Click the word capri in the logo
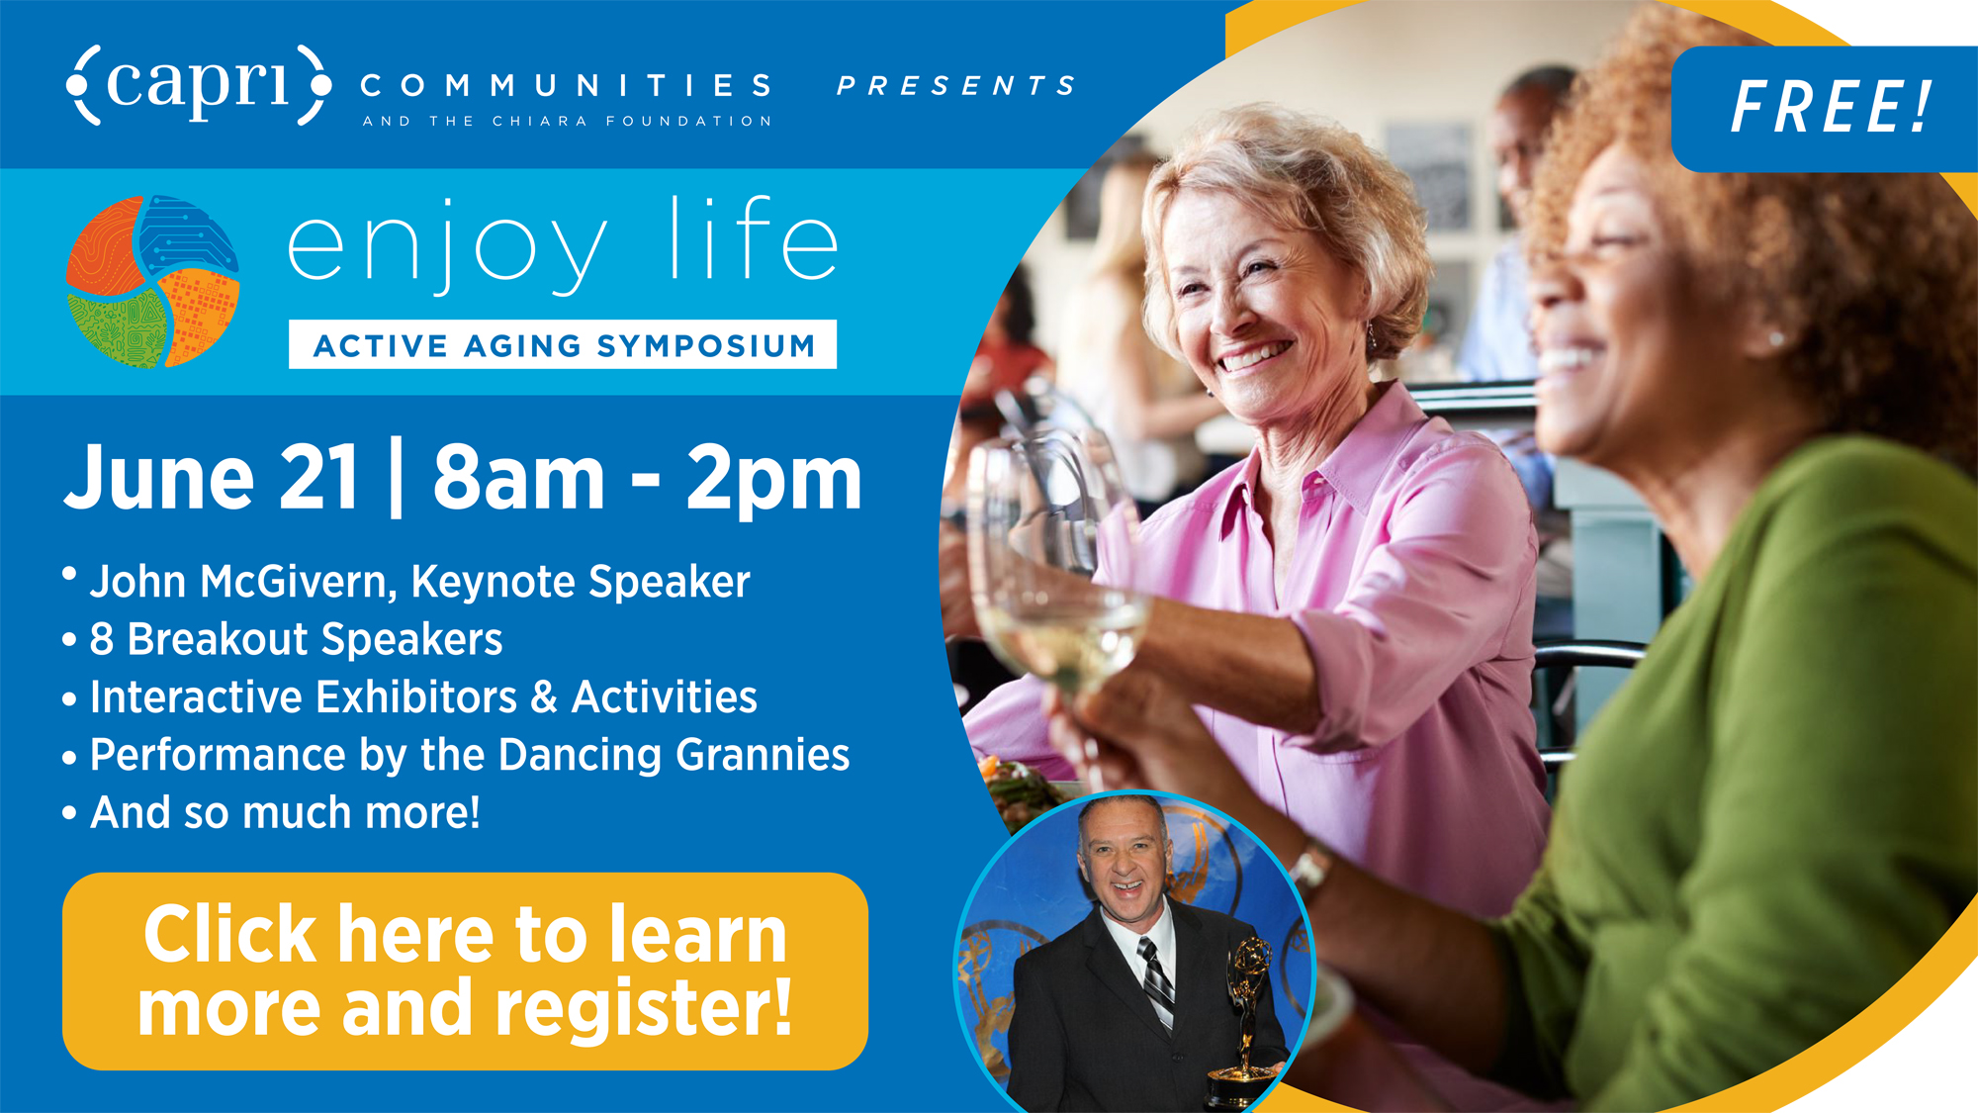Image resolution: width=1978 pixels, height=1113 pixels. coord(198,84)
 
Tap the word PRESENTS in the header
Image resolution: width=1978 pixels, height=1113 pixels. coord(956,86)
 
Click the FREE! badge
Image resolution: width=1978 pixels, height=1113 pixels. coord(1826,108)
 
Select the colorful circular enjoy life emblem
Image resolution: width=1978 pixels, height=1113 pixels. coord(152,281)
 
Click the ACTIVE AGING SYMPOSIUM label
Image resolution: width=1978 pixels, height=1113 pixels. coord(563,345)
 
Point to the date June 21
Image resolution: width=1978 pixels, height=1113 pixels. coord(211,478)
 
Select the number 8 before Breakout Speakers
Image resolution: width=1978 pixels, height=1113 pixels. coord(101,639)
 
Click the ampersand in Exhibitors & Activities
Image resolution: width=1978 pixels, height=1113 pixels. coord(544,696)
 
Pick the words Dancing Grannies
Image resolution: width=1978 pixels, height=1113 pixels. coord(674,755)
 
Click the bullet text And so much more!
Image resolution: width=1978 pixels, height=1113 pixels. coord(285,812)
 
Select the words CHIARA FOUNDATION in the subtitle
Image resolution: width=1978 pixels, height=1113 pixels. coord(632,121)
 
